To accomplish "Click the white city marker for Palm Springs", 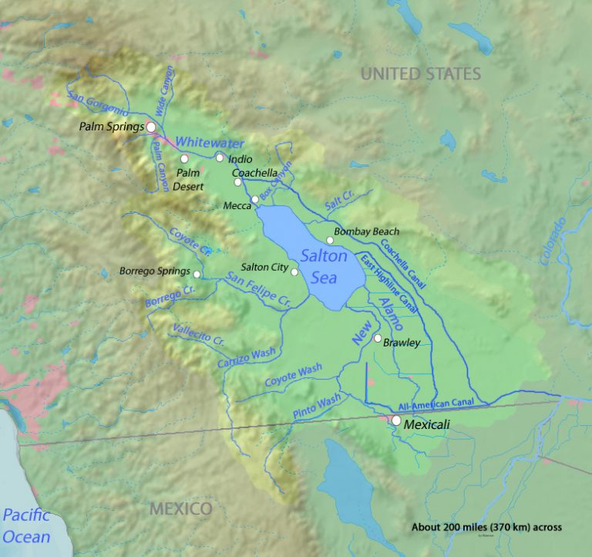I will tap(152, 127).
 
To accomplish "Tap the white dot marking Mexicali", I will tap(395, 420).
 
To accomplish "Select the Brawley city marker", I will tap(377, 339).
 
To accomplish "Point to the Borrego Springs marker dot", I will tap(197, 275).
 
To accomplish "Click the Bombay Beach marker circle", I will tap(330, 240).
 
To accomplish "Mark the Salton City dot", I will tap(294, 272).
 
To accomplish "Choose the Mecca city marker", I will tap(255, 200).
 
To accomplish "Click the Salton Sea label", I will tap(325, 265).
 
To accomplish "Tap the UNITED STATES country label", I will tap(421, 74).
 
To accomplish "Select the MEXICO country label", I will tap(180, 509).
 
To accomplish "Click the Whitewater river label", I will tap(210, 143).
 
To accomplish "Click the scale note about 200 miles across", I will tap(486, 528).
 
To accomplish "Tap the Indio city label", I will tap(240, 159).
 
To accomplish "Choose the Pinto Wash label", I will tap(317, 407).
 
